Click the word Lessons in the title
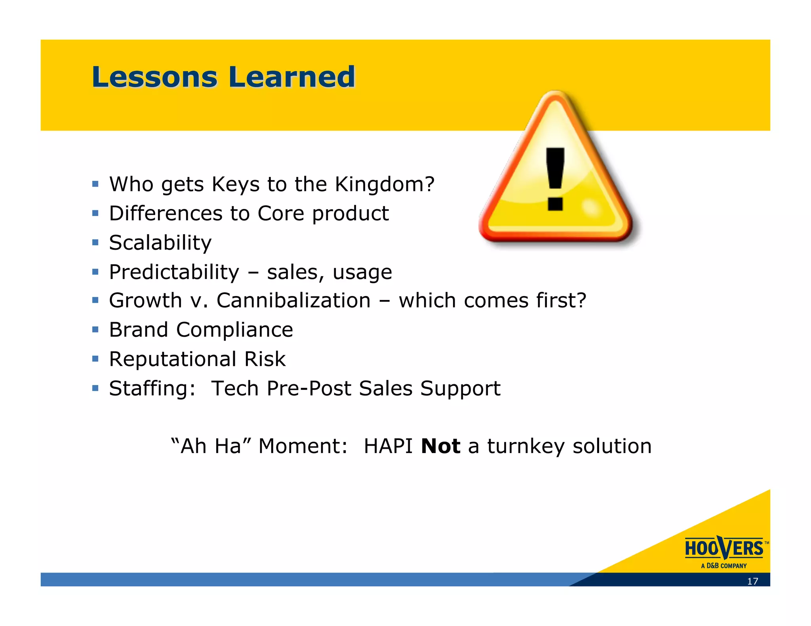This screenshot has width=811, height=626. point(154,77)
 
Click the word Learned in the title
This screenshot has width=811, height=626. point(292,77)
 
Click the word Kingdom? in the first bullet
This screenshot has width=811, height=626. point(385,184)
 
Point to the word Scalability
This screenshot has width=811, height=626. point(160,243)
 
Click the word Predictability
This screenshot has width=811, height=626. point(174,272)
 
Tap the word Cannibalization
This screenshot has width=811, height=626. point(293,301)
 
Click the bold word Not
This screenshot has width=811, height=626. point(440,446)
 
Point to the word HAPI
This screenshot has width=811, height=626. point(388,446)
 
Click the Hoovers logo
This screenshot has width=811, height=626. point(724,548)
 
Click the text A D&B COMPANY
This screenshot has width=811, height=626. point(723,566)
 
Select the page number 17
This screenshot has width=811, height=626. point(752,581)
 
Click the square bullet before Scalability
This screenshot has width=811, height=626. point(95,243)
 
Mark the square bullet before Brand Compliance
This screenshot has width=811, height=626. point(95,330)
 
